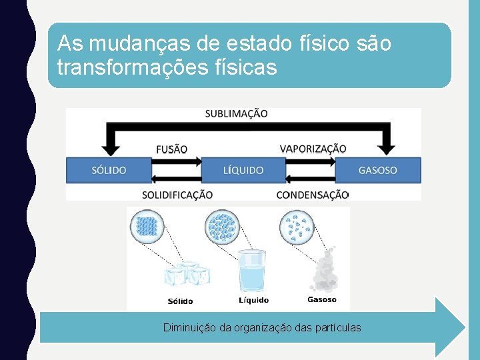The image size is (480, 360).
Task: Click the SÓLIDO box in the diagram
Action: [x=109, y=170]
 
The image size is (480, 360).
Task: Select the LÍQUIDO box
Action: [x=243, y=170]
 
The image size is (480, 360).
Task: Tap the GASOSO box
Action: [x=377, y=170]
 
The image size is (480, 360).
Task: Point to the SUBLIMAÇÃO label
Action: [x=236, y=114]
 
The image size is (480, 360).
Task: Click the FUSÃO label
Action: [x=171, y=149]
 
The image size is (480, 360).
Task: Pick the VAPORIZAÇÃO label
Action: [x=313, y=149]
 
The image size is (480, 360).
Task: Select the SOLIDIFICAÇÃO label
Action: [x=177, y=195]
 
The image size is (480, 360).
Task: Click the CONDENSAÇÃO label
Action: [x=313, y=195]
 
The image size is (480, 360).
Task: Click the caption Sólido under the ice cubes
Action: [x=180, y=301]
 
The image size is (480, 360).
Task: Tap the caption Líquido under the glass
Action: [x=253, y=300]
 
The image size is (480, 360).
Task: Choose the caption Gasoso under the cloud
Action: [x=322, y=299]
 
